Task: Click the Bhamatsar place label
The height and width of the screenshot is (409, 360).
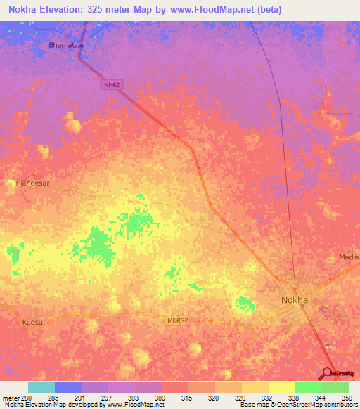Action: click(x=65, y=45)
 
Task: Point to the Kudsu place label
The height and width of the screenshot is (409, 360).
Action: click(x=32, y=322)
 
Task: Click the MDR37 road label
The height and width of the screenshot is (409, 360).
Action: click(x=178, y=320)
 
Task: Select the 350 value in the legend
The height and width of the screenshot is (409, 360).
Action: click(x=345, y=397)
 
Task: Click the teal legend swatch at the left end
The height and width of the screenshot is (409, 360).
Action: click(x=41, y=387)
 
